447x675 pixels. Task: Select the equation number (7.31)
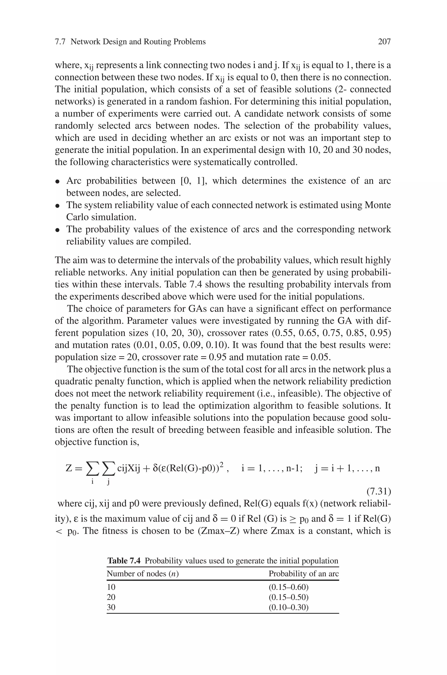(x=378, y=491)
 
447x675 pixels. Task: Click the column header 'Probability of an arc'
(x=304, y=573)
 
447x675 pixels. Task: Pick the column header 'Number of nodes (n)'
(x=143, y=573)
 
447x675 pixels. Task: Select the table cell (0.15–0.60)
(x=289, y=587)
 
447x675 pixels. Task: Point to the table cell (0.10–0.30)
(x=289, y=607)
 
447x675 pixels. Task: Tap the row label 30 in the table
(x=111, y=607)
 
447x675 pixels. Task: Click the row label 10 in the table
(x=111, y=587)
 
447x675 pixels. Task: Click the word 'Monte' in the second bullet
(x=378, y=205)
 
